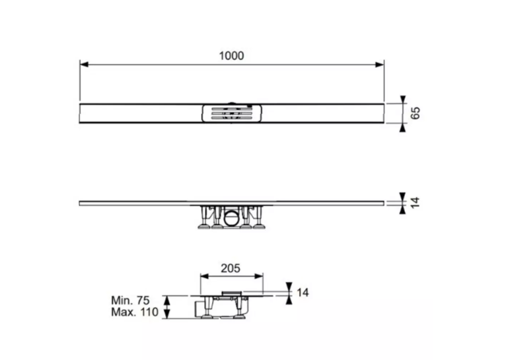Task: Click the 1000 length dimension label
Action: pos(231,55)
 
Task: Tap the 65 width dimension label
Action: pos(416,113)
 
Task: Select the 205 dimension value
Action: pos(231,268)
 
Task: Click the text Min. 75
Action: pos(130,301)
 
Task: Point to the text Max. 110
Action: pos(135,312)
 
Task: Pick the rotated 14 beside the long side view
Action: pos(416,202)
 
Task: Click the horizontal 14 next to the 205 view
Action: pos(303,293)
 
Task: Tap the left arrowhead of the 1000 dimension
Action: pos(84,65)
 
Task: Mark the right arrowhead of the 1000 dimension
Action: pos(379,65)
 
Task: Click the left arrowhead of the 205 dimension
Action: pos(205,276)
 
